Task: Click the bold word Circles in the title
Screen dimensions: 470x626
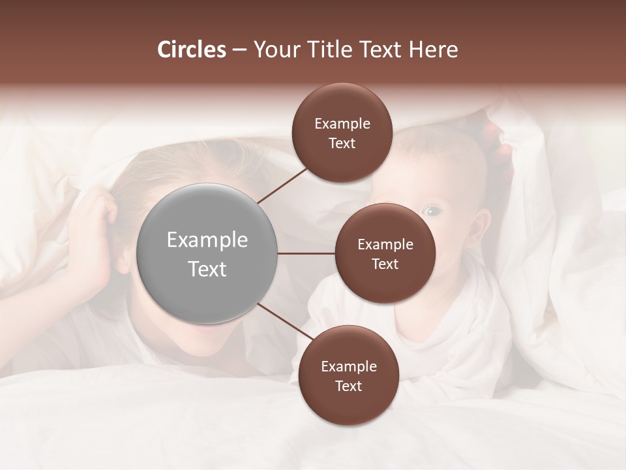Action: tap(191, 50)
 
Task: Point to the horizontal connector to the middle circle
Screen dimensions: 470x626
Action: tap(306, 253)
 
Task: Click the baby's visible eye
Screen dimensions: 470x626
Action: tap(431, 211)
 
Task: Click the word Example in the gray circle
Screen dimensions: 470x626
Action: tap(207, 240)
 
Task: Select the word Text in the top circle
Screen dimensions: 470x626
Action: tap(342, 143)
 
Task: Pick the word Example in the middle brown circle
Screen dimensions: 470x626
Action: tap(385, 245)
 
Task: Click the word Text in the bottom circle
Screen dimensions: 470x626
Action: tap(348, 386)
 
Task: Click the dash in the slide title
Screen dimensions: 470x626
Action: tap(239, 50)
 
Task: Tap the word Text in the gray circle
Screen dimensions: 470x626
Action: tap(207, 268)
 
